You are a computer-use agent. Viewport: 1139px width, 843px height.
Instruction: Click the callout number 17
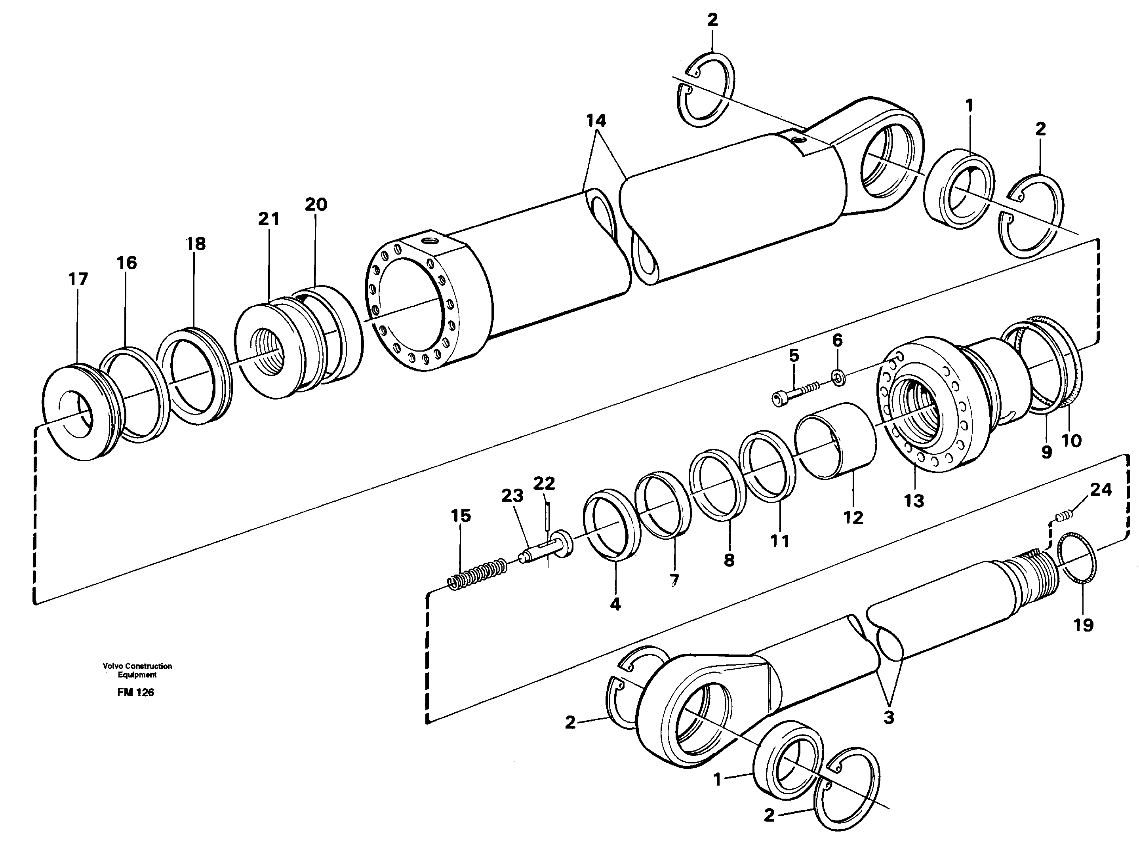pyautogui.click(x=78, y=280)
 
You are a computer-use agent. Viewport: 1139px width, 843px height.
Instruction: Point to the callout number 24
pyautogui.click(x=1101, y=490)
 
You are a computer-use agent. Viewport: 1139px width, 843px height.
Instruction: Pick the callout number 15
pyautogui.click(x=461, y=516)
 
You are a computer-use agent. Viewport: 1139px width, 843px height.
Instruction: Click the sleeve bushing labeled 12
pyautogui.click(x=837, y=442)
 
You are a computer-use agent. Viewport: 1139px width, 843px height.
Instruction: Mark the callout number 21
pyautogui.click(x=269, y=219)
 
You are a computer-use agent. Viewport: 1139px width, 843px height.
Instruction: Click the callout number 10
pyautogui.click(x=1071, y=440)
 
